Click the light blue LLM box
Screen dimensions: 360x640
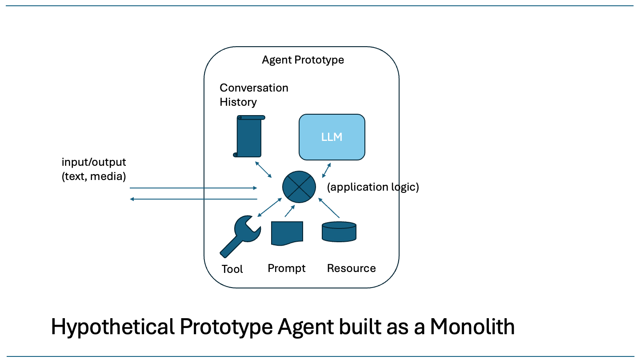click(332, 137)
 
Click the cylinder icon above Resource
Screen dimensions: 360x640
click(339, 232)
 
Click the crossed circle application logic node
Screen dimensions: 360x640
click(299, 187)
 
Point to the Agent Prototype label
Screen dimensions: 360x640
click(303, 60)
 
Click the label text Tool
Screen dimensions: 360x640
click(232, 269)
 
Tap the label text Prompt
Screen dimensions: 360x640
click(287, 268)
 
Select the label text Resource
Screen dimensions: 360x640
click(351, 268)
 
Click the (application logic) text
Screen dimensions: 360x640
click(373, 187)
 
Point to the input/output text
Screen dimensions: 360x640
click(94, 162)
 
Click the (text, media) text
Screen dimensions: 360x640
click(94, 176)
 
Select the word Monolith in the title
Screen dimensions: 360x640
click(472, 327)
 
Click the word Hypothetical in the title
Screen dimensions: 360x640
click(112, 327)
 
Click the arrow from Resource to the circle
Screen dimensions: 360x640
click(329, 208)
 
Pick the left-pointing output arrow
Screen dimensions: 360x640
click(193, 199)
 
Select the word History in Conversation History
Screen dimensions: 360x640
click(238, 102)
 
